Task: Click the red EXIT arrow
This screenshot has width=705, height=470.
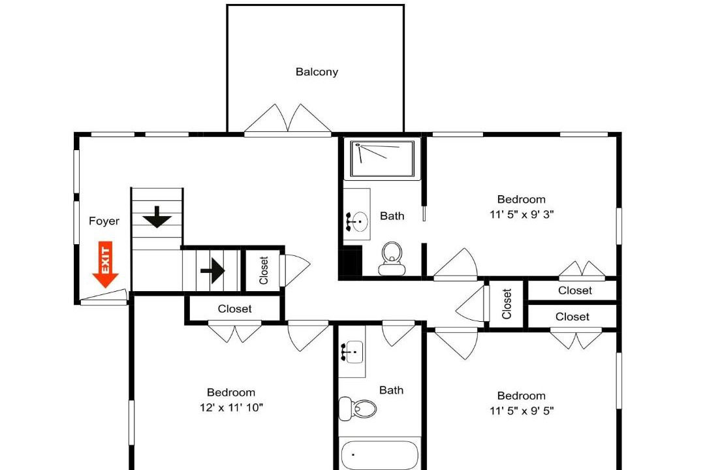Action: pos(105,264)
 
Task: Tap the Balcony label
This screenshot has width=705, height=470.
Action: pos(317,72)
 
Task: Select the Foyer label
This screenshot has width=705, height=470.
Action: pos(104,221)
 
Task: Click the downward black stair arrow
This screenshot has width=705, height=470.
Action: pos(157,217)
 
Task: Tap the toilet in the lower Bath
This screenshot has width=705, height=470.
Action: pos(358,409)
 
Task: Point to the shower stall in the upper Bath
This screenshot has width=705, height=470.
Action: pos(382,159)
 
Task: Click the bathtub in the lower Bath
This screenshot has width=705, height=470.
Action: pos(379,455)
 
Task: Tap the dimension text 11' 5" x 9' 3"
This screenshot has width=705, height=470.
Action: pos(522,214)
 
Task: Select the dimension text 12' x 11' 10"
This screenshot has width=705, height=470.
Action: pos(231,407)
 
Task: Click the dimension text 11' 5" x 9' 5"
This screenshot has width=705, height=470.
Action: pos(522,411)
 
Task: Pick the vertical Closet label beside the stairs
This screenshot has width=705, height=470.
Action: pos(264,270)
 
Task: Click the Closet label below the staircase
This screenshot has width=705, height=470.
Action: pos(235,309)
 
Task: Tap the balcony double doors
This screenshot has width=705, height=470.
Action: pos(288,119)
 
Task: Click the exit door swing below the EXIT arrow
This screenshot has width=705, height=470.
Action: pos(103,297)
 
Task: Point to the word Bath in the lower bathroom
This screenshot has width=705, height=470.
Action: pos(391,390)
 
